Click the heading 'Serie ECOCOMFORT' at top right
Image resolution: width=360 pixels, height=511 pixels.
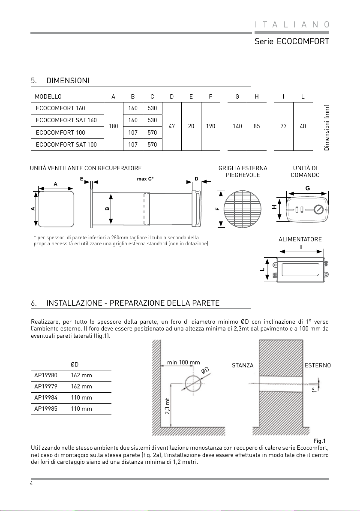point(291,42)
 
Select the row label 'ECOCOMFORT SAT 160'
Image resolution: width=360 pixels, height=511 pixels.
point(66,120)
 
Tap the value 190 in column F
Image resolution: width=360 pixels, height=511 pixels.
point(210,126)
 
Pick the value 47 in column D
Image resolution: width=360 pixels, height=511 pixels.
point(172,126)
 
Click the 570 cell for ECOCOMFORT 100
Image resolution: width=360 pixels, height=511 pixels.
point(152,132)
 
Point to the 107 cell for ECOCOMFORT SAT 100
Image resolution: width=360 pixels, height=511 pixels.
point(133,145)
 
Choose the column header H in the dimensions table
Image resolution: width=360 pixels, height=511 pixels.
point(257,96)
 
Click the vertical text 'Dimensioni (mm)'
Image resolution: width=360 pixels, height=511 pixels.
point(327,127)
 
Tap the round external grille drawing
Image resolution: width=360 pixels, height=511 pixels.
point(243,209)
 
